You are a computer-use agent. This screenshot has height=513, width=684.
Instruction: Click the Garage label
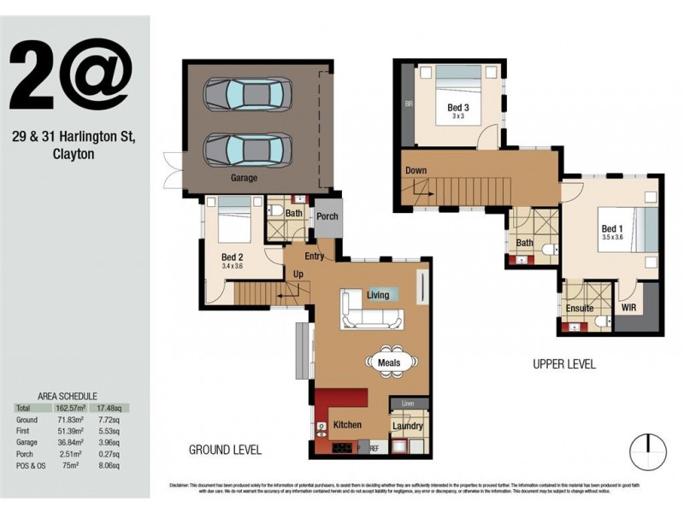pyautogui.click(x=244, y=180)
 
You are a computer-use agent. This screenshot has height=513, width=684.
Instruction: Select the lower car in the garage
pyautogui.click(x=248, y=149)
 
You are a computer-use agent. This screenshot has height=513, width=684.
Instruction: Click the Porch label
pyautogui.click(x=327, y=216)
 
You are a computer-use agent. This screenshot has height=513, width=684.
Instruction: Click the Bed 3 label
pyautogui.click(x=459, y=108)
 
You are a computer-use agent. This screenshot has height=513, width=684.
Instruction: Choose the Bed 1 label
pyautogui.click(x=612, y=229)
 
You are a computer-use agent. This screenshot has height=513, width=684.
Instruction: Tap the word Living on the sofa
pyautogui.click(x=378, y=295)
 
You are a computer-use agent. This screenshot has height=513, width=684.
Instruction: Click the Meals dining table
pyautogui.click(x=389, y=363)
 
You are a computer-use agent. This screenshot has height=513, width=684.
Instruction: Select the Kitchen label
pyautogui.click(x=347, y=424)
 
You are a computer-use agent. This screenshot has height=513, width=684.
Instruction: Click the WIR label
pyautogui.click(x=629, y=308)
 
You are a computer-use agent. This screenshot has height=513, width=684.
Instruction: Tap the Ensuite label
pyautogui.click(x=580, y=309)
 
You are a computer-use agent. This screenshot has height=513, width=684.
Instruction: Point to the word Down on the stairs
pyautogui.click(x=416, y=170)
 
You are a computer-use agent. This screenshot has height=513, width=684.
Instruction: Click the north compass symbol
pyautogui.click(x=647, y=451)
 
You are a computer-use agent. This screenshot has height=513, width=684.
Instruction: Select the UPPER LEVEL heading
pyautogui.click(x=564, y=364)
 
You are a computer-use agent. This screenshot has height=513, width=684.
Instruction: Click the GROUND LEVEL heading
pyautogui.click(x=225, y=450)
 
